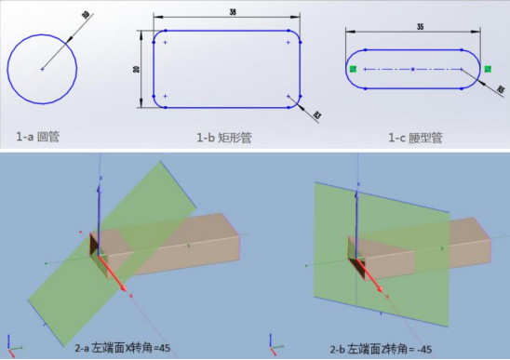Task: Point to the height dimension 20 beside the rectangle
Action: [x=138, y=70]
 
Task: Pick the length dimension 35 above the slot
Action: [x=414, y=28]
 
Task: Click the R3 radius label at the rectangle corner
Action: [x=316, y=115]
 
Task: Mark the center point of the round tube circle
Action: [x=42, y=69]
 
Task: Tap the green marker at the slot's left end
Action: [x=354, y=69]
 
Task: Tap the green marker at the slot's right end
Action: [x=486, y=69]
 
